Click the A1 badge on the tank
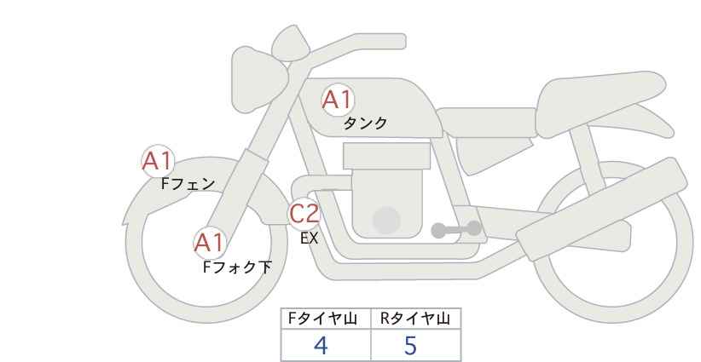pyautogui.click(x=338, y=100)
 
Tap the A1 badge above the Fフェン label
pyautogui.click(x=158, y=161)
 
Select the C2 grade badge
pyautogui.click(x=304, y=213)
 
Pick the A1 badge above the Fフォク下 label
pyautogui.click(x=209, y=244)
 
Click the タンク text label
pyautogui.click(x=365, y=124)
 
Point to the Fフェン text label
pyautogui.click(x=188, y=184)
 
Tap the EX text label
pyautogui.click(x=309, y=238)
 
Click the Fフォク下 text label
pyautogui.click(x=237, y=267)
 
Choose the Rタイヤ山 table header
pyautogui.click(x=415, y=319)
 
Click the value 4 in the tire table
pyautogui.click(x=321, y=346)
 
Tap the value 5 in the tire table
pyautogui.click(x=410, y=346)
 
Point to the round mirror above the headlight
pyautogui.click(x=290, y=43)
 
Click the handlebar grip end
pyautogui.click(x=398, y=42)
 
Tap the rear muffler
pyautogui.click(x=601, y=209)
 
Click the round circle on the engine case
pyautogui.click(x=386, y=220)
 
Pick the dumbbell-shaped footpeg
pyautogui.click(x=456, y=229)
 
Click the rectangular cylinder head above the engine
pyautogui.click(x=386, y=156)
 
